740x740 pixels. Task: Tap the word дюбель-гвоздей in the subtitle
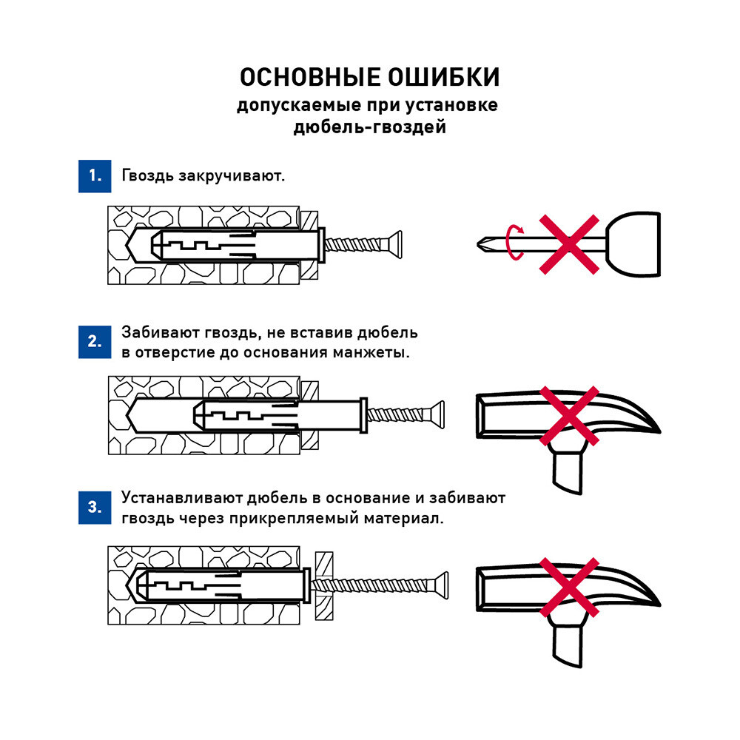[369, 128]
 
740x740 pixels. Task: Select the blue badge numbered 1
[94, 176]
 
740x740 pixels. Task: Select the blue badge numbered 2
[94, 342]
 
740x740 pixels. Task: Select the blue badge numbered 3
[94, 508]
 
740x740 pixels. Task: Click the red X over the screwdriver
[568, 245]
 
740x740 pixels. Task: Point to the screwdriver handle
[633, 243]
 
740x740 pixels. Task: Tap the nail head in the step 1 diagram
[397, 243]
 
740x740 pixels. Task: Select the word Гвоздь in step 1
[147, 177]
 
